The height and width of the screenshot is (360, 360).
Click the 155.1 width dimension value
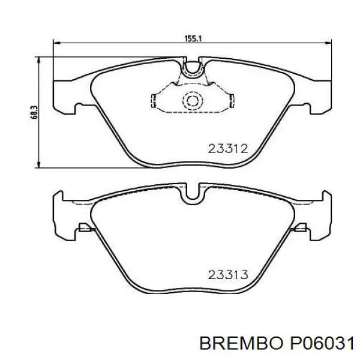tap(193, 38)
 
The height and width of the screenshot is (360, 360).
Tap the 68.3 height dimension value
tap(34, 111)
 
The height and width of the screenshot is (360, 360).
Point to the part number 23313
tap(228, 275)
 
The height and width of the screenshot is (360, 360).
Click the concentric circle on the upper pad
tap(194, 101)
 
